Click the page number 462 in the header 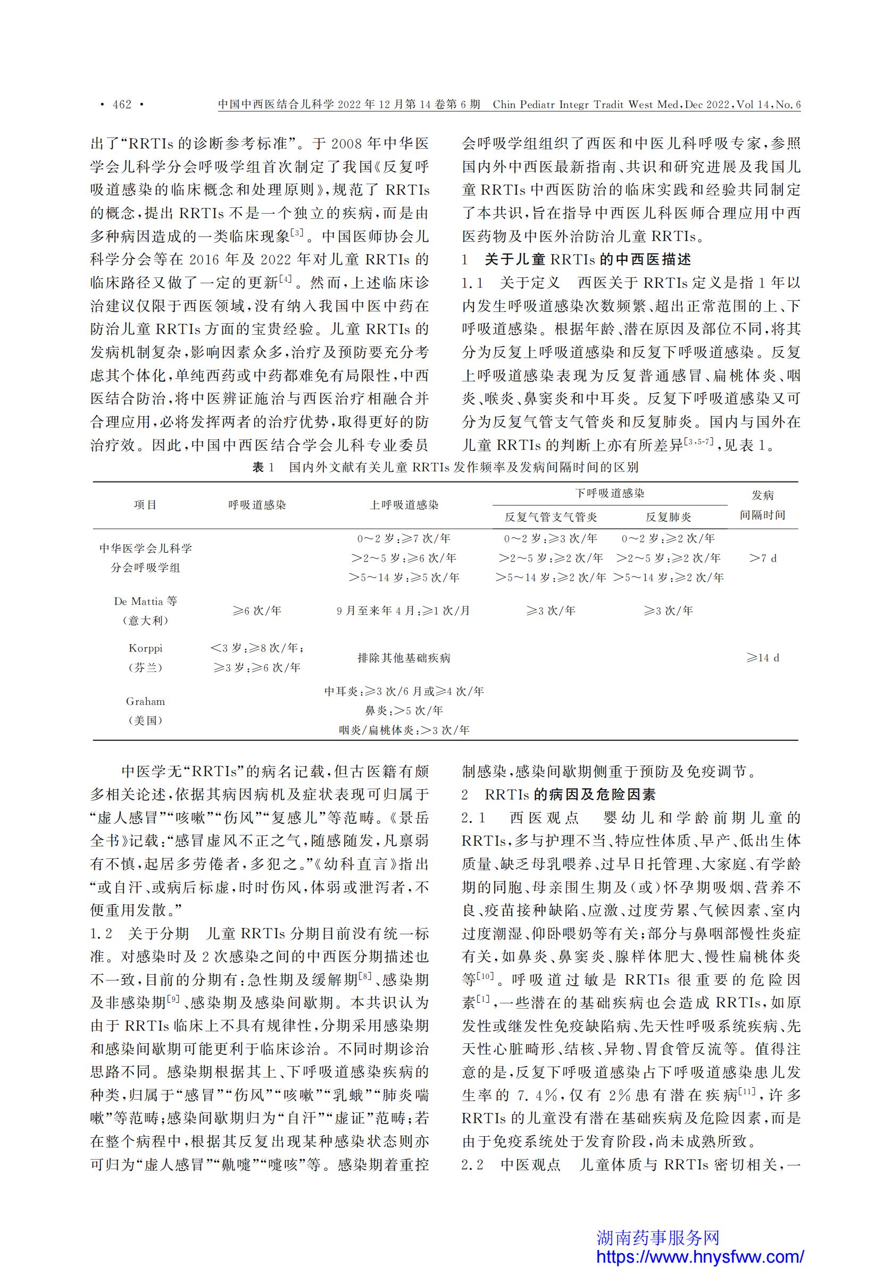coord(122,104)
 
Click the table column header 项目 coord(145,505)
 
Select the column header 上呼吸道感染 coord(404,505)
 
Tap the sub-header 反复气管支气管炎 coord(551,517)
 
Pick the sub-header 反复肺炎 coord(668,517)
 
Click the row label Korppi coord(145,648)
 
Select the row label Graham coord(145,701)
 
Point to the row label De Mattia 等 coord(145,601)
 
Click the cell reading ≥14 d coord(763,658)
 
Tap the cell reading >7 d coord(763,559)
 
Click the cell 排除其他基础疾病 coord(404,658)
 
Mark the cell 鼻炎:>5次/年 coord(404,710)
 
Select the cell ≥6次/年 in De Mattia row coord(257,611)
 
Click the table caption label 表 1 coord(263,467)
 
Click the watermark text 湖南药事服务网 coord(657,1237)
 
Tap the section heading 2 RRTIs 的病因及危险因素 coord(558,794)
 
